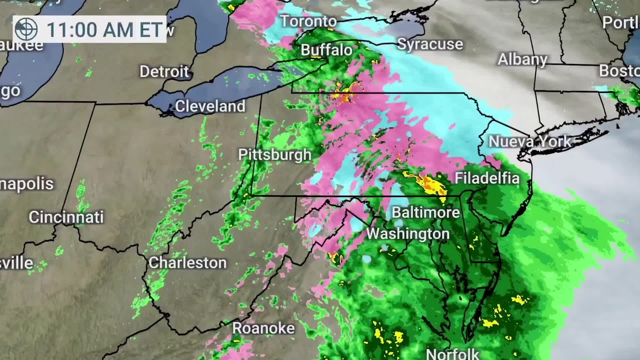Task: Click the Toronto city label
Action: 309,22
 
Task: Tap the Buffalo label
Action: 326,50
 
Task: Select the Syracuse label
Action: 430,44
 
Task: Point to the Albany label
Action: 522,60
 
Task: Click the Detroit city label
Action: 164,72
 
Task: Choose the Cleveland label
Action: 210,106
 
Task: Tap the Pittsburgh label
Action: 275,155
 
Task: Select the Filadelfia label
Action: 487,178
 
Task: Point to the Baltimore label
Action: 426,213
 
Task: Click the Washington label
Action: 408,234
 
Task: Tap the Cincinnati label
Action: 66,217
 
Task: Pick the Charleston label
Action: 187,263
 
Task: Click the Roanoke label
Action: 263,328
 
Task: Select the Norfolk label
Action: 453,353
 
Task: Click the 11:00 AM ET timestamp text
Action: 104,30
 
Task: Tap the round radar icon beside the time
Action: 27,29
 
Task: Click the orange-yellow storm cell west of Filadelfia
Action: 428,184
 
